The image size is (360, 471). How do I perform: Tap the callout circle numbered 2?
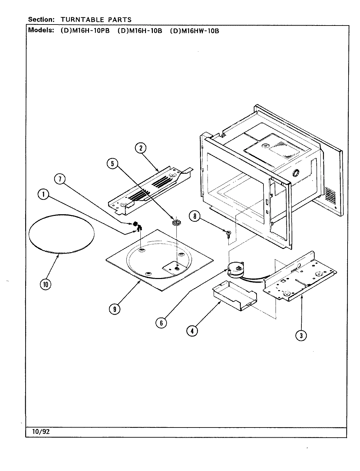pos(140,148)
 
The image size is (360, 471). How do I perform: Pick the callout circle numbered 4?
pos(192,331)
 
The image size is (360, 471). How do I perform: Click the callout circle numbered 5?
pos(112,164)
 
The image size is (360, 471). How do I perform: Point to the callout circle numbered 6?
pos(161,323)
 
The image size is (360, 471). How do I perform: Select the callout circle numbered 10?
pos(45,285)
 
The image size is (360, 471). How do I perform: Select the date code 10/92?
pos(41,432)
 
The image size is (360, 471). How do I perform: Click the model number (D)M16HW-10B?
pos(194,31)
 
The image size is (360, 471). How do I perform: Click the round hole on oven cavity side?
pos(296,172)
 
